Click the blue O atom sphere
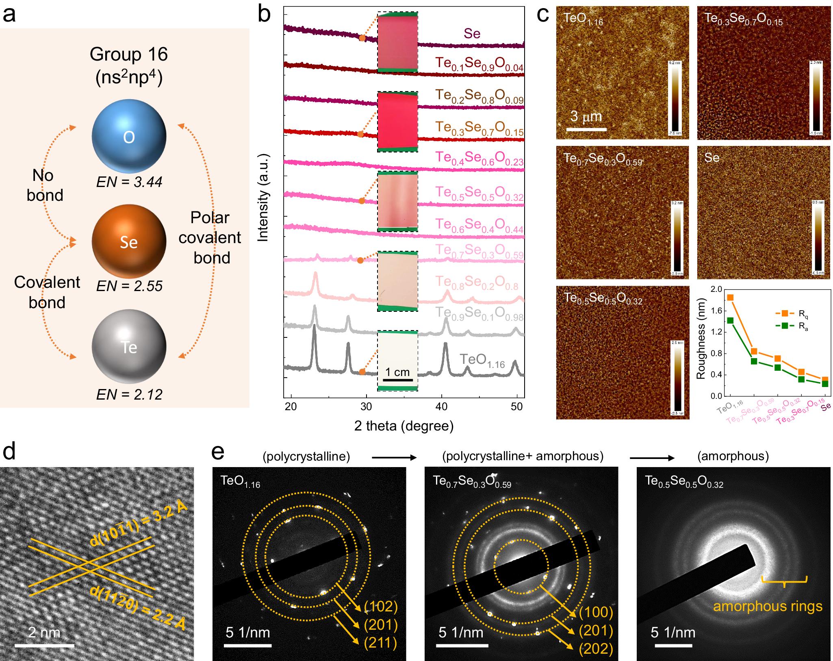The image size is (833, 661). [129, 136]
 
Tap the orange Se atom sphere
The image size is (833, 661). [129, 241]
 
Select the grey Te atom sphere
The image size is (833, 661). [129, 346]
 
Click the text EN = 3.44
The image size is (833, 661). [129, 182]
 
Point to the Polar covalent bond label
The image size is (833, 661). [210, 237]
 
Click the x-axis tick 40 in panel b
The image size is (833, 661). [441, 407]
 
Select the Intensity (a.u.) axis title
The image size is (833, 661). [263, 198]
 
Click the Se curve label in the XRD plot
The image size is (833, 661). [472, 33]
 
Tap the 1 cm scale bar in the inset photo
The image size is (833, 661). [397, 380]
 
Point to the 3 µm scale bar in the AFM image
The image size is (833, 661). [586, 129]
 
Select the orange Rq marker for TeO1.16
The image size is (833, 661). [730, 298]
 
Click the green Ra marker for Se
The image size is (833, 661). [825, 383]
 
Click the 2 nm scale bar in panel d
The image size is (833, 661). [44, 645]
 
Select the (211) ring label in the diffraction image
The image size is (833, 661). [380, 643]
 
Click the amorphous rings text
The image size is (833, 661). [767, 606]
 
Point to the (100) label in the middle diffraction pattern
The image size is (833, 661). [596, 612]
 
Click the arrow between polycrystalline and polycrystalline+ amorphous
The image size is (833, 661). [394, 457]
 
